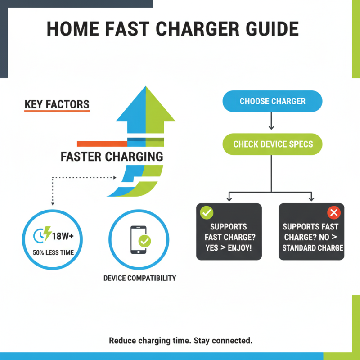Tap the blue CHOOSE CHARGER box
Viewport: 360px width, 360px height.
pyautogui.click(x=272, y=101)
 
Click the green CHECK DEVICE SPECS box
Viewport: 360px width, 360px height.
pyautogui.click(x=272, y=144)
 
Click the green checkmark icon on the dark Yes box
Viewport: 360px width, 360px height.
pyautogui.click(x=207, y=212)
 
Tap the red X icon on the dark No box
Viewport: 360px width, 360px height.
pyautogui.click(x=334, y=212)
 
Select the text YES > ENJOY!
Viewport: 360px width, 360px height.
pyautogui.click(x=229, y=247)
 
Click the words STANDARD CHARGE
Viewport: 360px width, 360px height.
pyautogui.click(x=313, y=247)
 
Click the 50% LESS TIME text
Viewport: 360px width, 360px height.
pyautogui.click(x=53, y=252)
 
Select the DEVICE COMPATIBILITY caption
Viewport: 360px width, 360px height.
pyautogui.click(x=139, y=278)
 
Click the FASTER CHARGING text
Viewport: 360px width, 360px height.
pyautogui.click(x=112, y=157)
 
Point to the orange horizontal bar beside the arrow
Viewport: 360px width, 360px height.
pyautogui.click(x=102, y=144)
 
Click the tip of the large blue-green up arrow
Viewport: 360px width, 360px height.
pyautogui.click(x=146, y=90)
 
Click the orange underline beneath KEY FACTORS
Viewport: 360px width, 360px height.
pyautogui.click(x=57, y=111)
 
